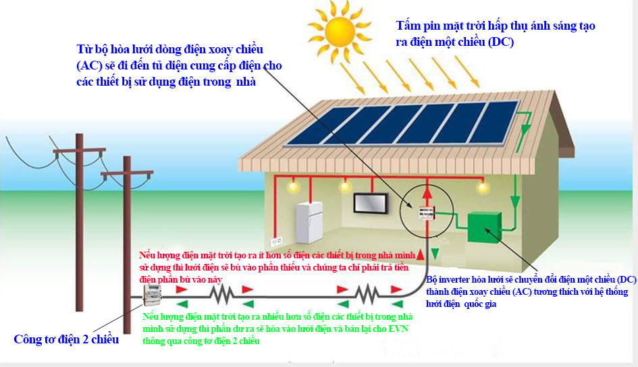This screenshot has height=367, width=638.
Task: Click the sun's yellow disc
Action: (x=340, y=31)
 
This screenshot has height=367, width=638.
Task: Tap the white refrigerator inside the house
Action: (x=309, y=223)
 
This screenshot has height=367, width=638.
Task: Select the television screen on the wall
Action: (x=370, y=203)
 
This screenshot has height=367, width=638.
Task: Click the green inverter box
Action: (x=484, y=227)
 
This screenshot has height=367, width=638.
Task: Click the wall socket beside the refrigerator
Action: (x=276, y=242)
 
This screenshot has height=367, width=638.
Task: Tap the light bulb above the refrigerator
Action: (x=292, y=187)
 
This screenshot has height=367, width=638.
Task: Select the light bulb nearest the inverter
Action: (x=483, y=188)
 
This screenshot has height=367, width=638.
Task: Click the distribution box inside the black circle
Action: (x=427, y=213)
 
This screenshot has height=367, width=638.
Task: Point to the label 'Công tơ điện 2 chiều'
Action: (x=66, y=339)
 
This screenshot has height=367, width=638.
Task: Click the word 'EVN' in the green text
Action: (x=398, y=329)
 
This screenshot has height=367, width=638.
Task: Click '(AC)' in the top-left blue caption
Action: (x=89, y=65)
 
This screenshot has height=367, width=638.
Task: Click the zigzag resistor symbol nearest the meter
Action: (x=221, y=295)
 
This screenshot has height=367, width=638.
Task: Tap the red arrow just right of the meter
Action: (x=182, y=289)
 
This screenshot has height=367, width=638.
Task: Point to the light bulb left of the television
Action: (x=345, y=187)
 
